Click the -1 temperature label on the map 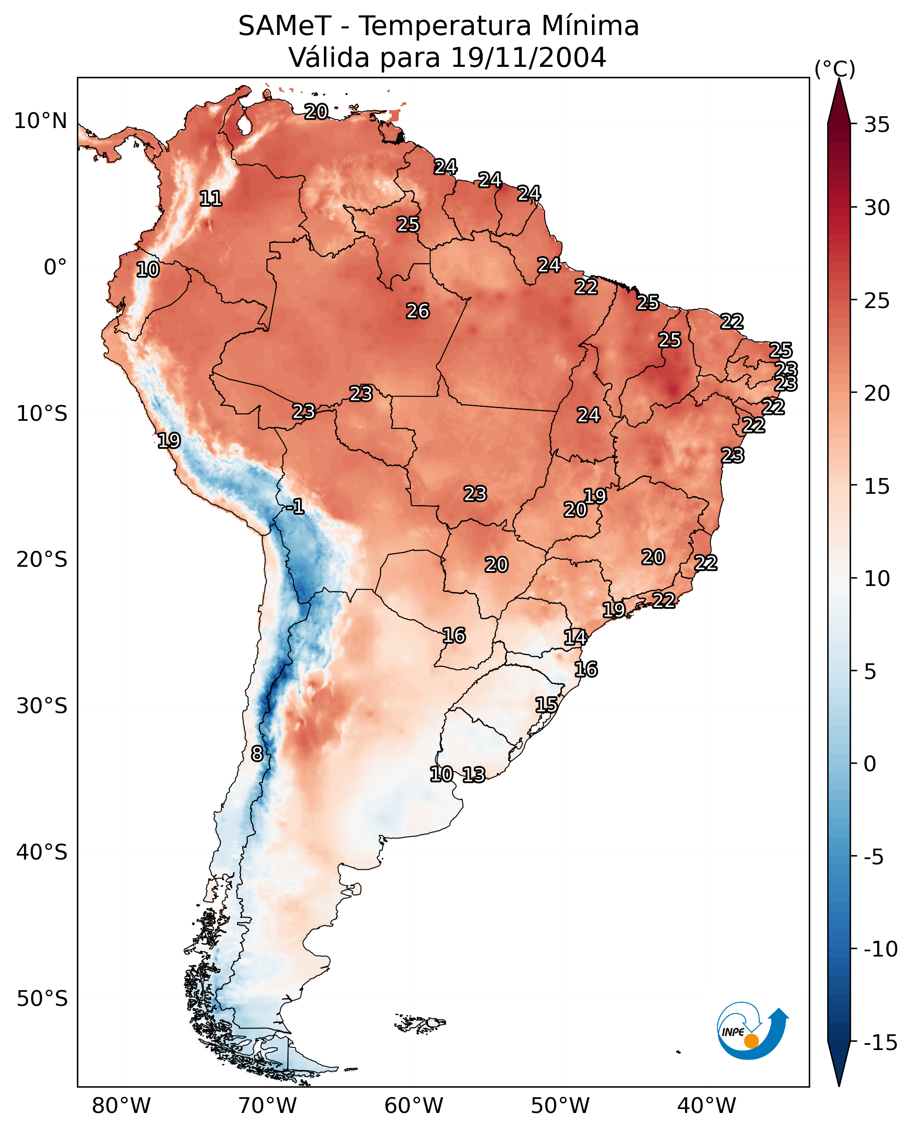[x=295, y=507]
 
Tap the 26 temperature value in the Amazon [x=418, y=312]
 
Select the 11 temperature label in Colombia [x=211, y=198]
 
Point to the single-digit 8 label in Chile [x=257, y=753]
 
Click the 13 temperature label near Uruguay [x=473, y=774]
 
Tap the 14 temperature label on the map [x=575, y=638]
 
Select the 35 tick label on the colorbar [x=877, y=125]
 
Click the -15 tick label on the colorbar [x=881, y=1042]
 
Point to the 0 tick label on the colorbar [x=870, y=763]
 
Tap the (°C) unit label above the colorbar [x=835, y=69]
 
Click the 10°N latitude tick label [x=41, y=121]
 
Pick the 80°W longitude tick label [x=122, y=1106]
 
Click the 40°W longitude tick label [x=707, y=1106]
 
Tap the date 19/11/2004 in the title [x=529, y=57]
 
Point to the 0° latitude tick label [x=55, y=267]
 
